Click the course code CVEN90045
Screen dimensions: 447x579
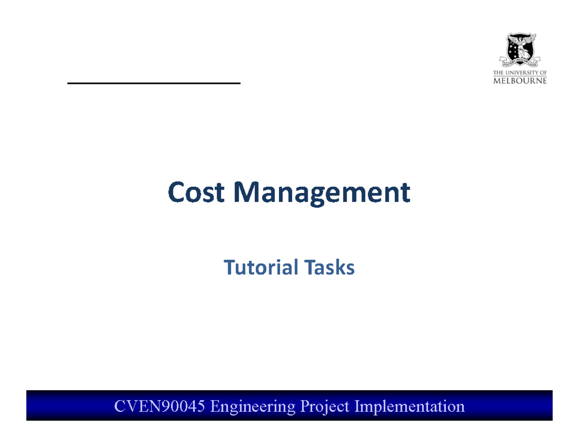tap(162, 406)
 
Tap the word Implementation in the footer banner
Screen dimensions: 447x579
tap(410, 406)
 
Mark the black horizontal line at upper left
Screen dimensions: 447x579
tap(153, 83)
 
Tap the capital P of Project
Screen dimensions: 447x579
tap(306, 406)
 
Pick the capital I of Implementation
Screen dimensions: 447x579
tap(357, 406)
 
